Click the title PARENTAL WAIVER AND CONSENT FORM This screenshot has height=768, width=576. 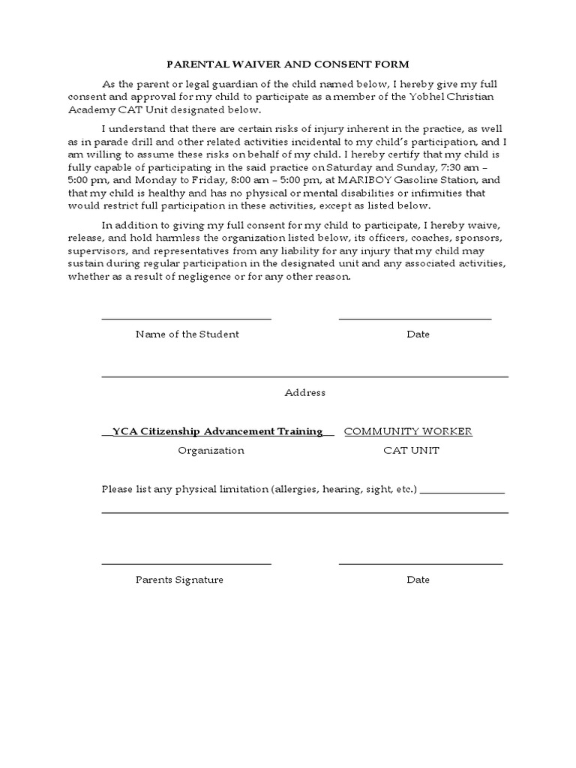tap(288, 64)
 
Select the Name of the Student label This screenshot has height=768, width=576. tap(187, 334)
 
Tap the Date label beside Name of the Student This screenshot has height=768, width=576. tap(418, 334)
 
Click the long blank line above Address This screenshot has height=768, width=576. tap(304, 376)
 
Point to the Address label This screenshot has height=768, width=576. tap(304, 392)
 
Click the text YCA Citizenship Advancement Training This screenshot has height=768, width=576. tap(217, 431)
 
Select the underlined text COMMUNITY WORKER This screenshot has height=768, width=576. tap(408, 431)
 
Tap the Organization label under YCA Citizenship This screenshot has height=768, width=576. tap(211, 451)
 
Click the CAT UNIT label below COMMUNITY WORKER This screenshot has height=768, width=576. tap(411, 451)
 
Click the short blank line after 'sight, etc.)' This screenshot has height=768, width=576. tap(462, 493)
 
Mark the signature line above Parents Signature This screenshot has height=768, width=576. tap(186, 563)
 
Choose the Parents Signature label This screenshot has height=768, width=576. tap(179, 580)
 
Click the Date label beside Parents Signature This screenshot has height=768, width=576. tap(418, 580)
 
